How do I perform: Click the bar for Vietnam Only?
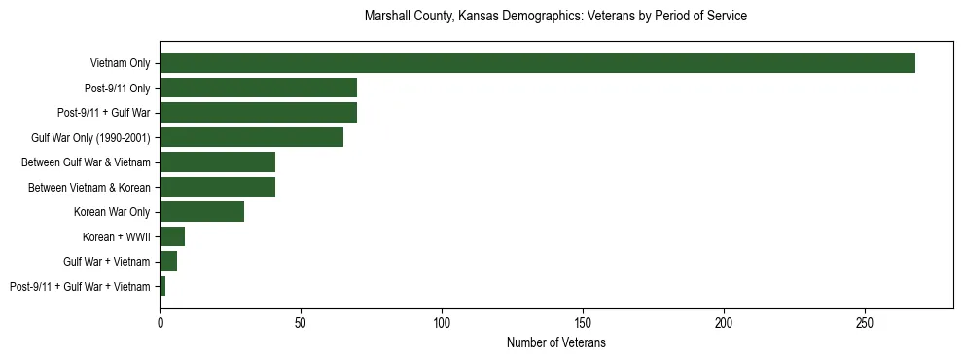click(537, 63)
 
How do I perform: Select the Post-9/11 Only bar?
click(258, 88)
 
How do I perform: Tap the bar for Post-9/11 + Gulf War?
click(258, 113)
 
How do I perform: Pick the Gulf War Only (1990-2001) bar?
click(251, 137)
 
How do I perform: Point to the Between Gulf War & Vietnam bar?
click(217, 162)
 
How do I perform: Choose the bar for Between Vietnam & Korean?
click(217, 187)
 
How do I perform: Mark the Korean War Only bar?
click(201, 212)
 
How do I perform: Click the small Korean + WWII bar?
click(172, 236)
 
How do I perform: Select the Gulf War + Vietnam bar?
click(168, 262)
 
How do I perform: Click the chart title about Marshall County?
click(555, 17)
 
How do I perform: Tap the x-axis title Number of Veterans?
click(555, 343)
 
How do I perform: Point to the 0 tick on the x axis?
click(160, 321)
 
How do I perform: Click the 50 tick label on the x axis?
click(301, 321)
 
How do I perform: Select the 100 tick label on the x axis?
click(442, 321)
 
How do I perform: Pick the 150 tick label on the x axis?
click(583, 321)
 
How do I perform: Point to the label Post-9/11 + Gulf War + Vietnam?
click(80, 286)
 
